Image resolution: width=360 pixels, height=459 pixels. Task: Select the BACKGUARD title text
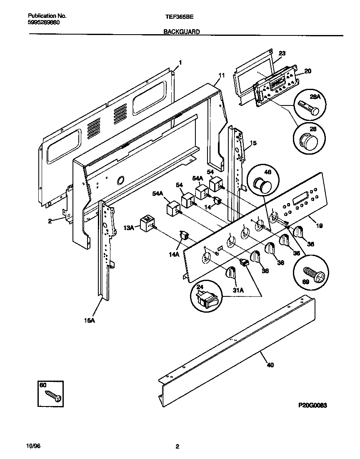(182, 31)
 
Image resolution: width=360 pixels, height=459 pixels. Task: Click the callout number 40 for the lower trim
(270, 366)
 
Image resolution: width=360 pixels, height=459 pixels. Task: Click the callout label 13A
(129, 228)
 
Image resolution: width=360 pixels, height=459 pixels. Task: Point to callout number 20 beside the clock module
(307, 71)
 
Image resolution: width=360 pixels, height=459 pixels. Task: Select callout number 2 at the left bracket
(50, 221)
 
